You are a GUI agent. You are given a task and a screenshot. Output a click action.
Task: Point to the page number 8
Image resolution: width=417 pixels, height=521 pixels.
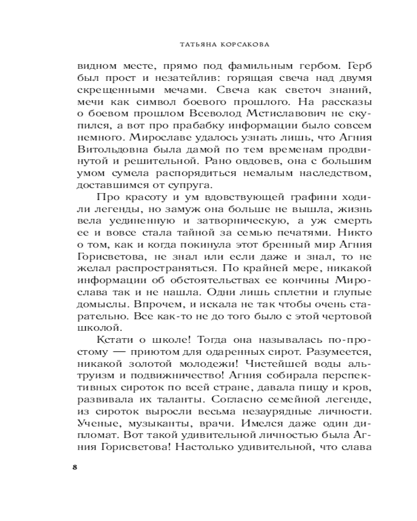click(x=75, y=467)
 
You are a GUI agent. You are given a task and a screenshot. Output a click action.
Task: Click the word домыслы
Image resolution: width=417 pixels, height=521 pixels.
click(x=100, y=304)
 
